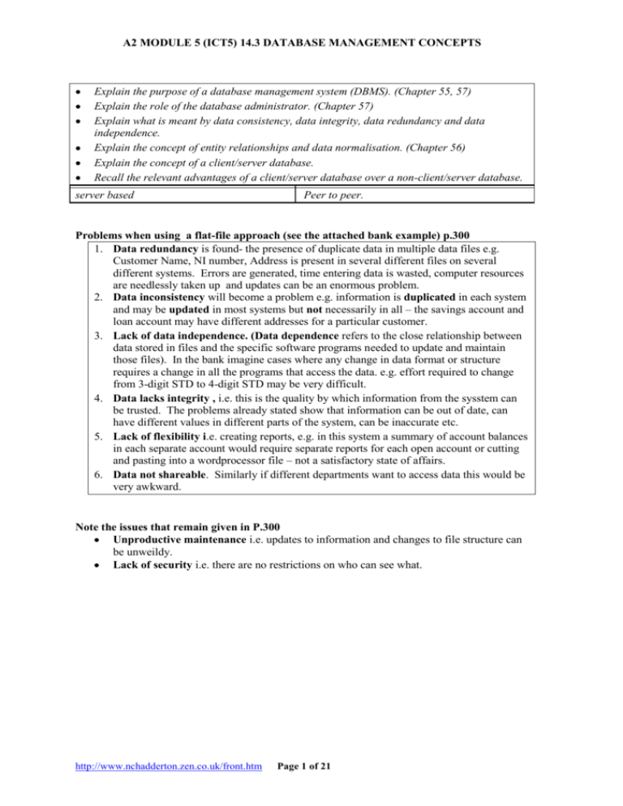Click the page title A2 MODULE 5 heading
tap(311, 33)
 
